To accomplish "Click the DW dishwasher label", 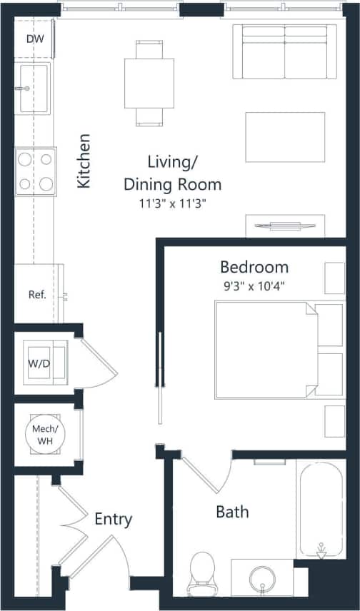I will (x=34, y=39).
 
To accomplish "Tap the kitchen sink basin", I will (x=34, y=88).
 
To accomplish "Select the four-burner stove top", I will (x=36, y=171).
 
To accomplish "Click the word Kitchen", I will (x=84, y=161).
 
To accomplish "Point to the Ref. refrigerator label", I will (x=37, y=294).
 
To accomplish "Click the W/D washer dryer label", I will (x=39, y=364).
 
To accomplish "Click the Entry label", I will (x=113, y=519).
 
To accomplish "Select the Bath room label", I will (x=232, y=512).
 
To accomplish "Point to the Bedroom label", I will (x=254, y=268).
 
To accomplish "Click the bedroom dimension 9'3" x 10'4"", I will (x=254, y=284).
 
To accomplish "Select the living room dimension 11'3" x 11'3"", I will (x=172, y=203).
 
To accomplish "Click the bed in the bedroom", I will (x=264, y=350).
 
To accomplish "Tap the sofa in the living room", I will (x=285, y=51).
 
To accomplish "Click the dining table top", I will (x=149, y=82).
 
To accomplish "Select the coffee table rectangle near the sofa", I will (x=285, y=137).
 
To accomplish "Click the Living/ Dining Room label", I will (x=172, y=173).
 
